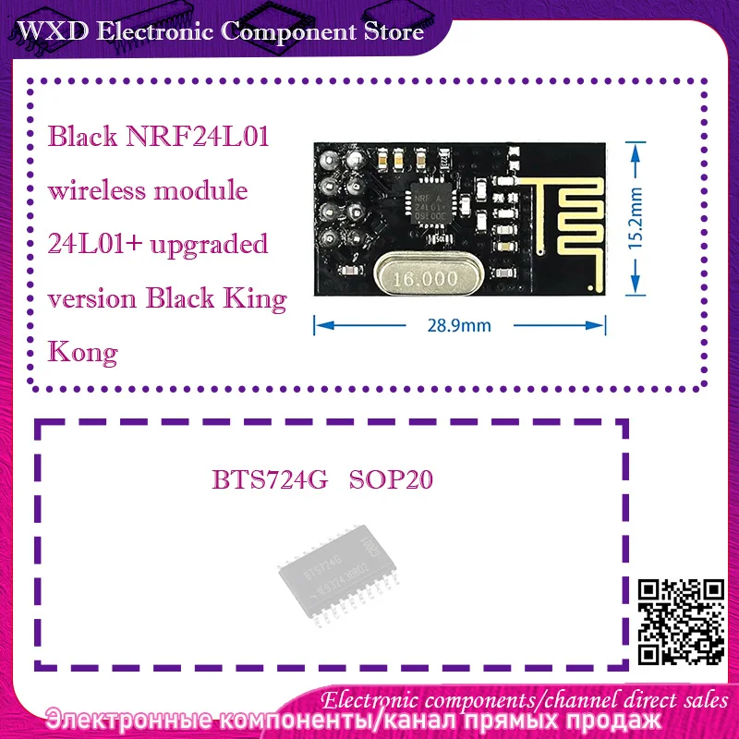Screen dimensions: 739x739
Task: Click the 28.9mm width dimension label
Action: pos(460,324)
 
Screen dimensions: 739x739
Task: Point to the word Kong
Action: pos(83,352)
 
